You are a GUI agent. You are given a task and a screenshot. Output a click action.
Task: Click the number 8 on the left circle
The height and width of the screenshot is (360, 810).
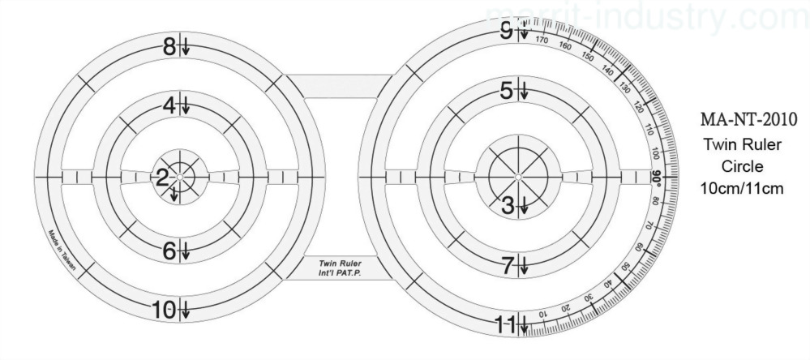[x=169, y=47]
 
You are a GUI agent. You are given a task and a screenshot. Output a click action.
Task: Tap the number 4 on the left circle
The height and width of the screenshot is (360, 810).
[x=169, y=105]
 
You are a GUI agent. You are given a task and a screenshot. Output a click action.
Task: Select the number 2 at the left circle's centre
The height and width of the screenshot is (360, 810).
[x=162, y=178]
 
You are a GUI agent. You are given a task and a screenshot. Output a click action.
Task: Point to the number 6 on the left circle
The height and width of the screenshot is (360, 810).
[x=169, y=251]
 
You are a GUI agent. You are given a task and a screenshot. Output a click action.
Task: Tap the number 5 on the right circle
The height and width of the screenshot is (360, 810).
[x=508, y=91]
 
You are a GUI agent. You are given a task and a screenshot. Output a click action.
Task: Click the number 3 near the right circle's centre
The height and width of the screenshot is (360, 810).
[x=508, y=205]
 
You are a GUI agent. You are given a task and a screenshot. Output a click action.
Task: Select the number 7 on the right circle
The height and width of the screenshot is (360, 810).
[x=508, y=264]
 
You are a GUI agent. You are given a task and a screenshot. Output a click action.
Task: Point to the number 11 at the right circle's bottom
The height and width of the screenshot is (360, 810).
[x=504, y=325]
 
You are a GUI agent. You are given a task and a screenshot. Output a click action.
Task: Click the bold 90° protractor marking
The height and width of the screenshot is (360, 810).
[x=656, y=177]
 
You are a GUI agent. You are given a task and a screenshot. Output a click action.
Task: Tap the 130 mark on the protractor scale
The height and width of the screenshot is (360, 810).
[x=624, y=88]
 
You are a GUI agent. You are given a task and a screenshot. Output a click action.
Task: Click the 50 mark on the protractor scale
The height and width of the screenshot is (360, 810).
[x=624, y=268]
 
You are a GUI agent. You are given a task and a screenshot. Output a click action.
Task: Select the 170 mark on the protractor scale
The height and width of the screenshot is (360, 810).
[x=542, y=40]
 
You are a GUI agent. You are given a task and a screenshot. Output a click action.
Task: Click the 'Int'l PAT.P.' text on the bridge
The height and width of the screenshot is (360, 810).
[x=340, y=274]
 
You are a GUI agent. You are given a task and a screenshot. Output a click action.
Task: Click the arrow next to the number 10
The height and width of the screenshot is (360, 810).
[x=186, y=310]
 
